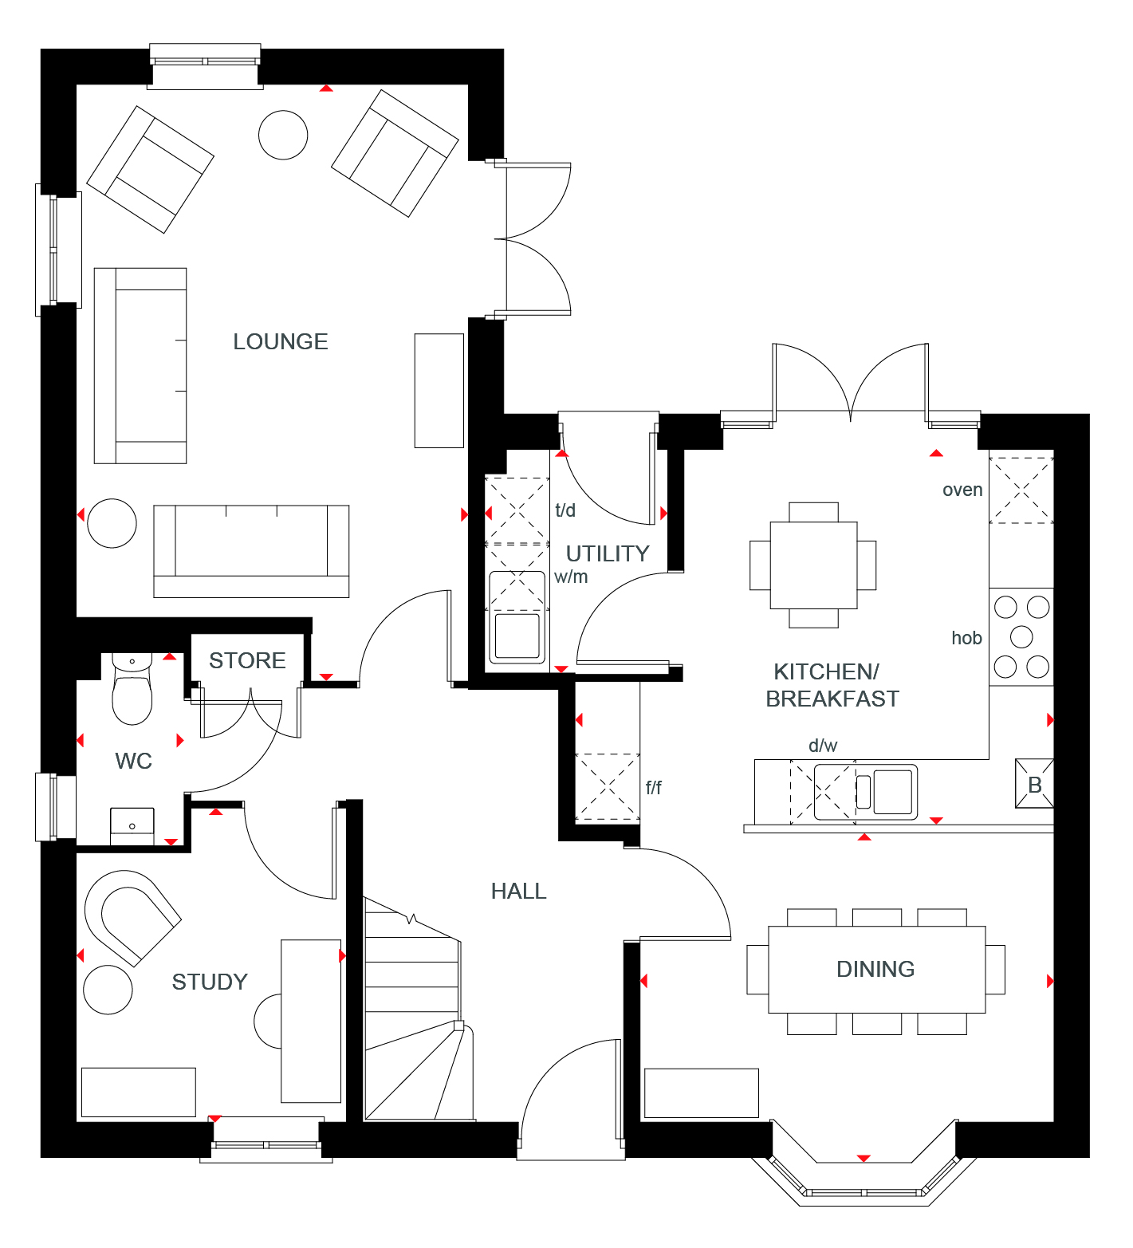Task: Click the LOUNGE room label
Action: [281, 341]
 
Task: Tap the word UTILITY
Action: [608, 553]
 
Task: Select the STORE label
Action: [247, 660]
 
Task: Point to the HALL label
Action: [519, 891]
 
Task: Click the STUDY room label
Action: [210, 982]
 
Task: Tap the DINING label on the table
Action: [875, 969]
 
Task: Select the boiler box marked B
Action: [1034, 784]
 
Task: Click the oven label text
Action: [962, 490]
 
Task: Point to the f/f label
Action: [654, 788]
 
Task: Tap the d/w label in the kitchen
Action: [823, 746]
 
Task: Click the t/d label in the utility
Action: [565, 510]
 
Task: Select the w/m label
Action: [571, 577]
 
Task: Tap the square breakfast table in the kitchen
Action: [813, 565]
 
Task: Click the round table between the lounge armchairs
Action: [283, 135]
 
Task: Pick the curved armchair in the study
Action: [132, 917]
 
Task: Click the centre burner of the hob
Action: [1021, 636]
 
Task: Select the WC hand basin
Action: [132, 826]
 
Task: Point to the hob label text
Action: [966, 638]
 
